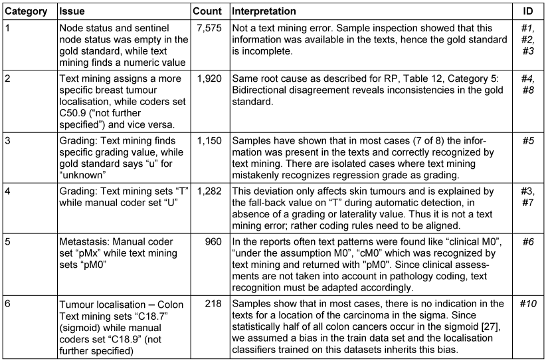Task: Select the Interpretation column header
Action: point(264,12)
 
